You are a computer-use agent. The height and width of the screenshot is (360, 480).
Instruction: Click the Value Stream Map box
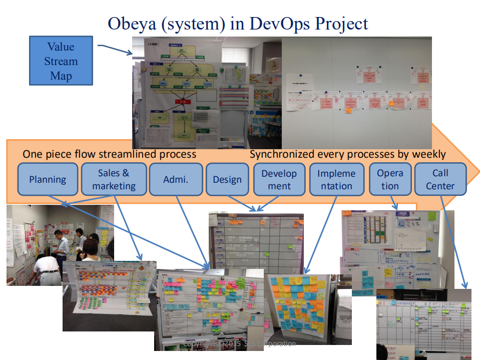(61, 61)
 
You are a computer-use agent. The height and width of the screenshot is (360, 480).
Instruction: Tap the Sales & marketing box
(114, 179)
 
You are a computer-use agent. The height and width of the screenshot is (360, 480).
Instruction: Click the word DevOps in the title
(271, 24)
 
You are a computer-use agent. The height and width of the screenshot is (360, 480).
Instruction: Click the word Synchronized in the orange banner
(283, 154)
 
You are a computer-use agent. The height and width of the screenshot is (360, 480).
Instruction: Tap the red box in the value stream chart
(183, 102)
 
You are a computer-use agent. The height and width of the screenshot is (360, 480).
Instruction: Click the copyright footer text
(240, 344)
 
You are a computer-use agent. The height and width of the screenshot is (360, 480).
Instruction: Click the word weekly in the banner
(428, 154)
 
